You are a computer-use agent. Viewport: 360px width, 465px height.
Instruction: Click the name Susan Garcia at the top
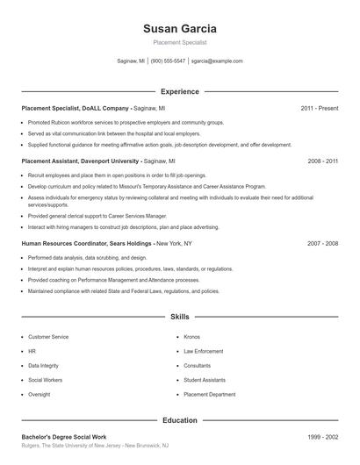179,29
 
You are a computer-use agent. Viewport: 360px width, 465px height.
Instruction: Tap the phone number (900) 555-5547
168,61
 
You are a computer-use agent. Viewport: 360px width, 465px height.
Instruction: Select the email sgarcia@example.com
217,61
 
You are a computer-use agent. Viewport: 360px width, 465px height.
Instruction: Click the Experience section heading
179,91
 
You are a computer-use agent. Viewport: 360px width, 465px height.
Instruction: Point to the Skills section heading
179,316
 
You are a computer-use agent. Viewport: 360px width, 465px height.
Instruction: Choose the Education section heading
179,420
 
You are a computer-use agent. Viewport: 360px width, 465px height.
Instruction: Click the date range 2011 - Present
319,108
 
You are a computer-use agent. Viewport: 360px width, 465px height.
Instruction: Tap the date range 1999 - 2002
323,436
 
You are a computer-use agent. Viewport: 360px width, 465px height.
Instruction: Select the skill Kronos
191,336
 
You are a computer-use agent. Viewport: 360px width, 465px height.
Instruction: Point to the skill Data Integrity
44,365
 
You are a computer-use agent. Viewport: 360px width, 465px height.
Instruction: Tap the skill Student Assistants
204,380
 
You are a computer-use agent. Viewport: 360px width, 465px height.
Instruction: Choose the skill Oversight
40,395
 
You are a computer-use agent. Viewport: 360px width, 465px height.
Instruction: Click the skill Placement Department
209,395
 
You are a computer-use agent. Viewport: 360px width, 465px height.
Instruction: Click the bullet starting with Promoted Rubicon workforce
126,123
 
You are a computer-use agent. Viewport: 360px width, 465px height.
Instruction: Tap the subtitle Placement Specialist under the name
179,42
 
